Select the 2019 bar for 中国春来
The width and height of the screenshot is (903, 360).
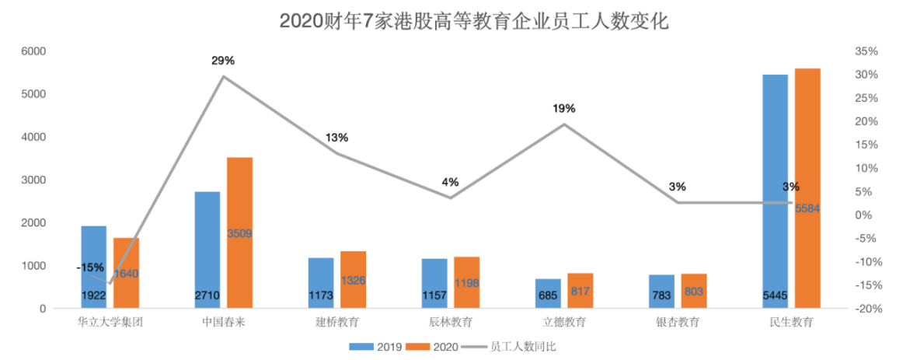click(207, 249)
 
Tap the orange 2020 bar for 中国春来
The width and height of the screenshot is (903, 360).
click(240, 232)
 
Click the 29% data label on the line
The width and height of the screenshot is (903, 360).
click(223, 60)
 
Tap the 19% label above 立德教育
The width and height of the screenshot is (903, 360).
click(564, 108)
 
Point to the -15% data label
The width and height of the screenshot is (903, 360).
click(89, 267)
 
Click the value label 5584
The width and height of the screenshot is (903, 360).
click(807, 208)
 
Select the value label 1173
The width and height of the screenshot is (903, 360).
click(321, 295)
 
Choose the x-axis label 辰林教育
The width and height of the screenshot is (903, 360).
click(451, 322)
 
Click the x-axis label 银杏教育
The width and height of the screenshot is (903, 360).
click(678, 322)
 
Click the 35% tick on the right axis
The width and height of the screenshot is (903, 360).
click(866, 51)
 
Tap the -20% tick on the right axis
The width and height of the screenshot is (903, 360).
click(865, 309)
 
